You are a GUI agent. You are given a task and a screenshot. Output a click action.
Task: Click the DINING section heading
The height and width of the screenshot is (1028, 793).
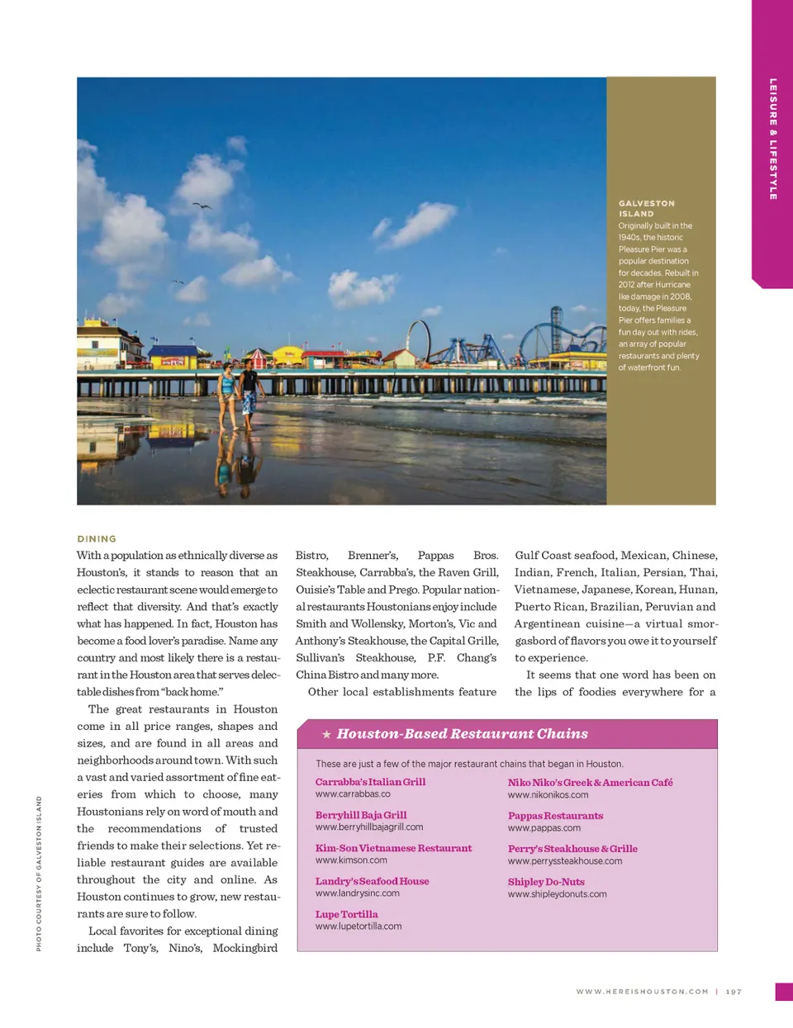97,538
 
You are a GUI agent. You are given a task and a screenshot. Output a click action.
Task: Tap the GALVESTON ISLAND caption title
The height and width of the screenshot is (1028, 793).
647,208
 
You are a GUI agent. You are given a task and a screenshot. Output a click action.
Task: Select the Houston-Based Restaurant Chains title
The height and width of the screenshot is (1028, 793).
462,733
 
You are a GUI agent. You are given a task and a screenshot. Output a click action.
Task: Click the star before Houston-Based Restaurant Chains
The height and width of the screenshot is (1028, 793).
326,734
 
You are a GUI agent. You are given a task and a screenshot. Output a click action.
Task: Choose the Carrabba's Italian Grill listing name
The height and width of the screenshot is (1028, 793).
370,782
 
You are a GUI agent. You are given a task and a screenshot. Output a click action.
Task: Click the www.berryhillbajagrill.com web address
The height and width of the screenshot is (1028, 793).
368,827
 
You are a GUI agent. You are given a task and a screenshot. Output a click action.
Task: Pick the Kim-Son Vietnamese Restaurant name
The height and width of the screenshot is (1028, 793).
393,848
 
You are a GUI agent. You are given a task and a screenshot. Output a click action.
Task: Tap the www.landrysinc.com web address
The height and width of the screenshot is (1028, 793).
357,893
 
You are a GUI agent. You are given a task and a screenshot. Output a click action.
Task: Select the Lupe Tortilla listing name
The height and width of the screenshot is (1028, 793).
346,914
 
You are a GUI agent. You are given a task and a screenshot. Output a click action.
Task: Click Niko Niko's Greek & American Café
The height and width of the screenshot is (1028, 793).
590,782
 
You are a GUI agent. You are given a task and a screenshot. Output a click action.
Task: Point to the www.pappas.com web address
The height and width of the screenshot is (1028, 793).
544,827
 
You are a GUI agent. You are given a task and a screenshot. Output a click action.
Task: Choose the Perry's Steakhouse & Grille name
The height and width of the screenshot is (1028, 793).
572,848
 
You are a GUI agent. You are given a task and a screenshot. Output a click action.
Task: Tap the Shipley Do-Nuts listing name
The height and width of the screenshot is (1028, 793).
546,881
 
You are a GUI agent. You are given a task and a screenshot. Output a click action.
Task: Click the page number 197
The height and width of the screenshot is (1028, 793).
734,992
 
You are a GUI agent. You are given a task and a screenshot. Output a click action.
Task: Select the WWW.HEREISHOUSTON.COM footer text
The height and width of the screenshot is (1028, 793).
642,992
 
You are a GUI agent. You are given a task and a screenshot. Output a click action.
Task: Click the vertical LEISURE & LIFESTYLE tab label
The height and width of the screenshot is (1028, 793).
773,139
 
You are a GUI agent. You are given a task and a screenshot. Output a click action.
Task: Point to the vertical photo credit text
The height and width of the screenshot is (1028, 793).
39,873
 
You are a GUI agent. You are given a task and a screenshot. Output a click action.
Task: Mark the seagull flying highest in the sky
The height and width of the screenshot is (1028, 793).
202,206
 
